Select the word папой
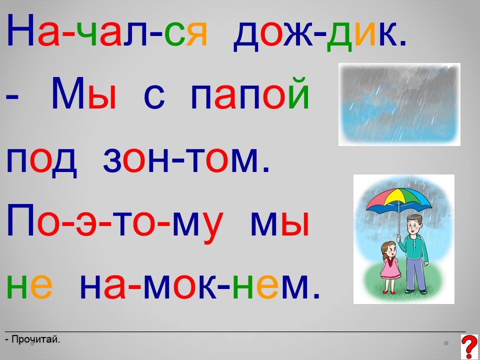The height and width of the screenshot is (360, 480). [x=250, y=93]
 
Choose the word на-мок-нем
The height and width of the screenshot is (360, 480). [x=199, y=285]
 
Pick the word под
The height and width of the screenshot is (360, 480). [x=41, y=161]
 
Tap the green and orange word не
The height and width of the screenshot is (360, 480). [x=29, y=285]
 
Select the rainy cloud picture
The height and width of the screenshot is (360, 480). [x=399, y=104]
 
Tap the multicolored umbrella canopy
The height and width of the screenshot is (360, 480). [x=399, y=200]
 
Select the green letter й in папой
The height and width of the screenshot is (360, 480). [x=298, y=90]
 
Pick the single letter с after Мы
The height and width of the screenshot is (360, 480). [x=154, y=97]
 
